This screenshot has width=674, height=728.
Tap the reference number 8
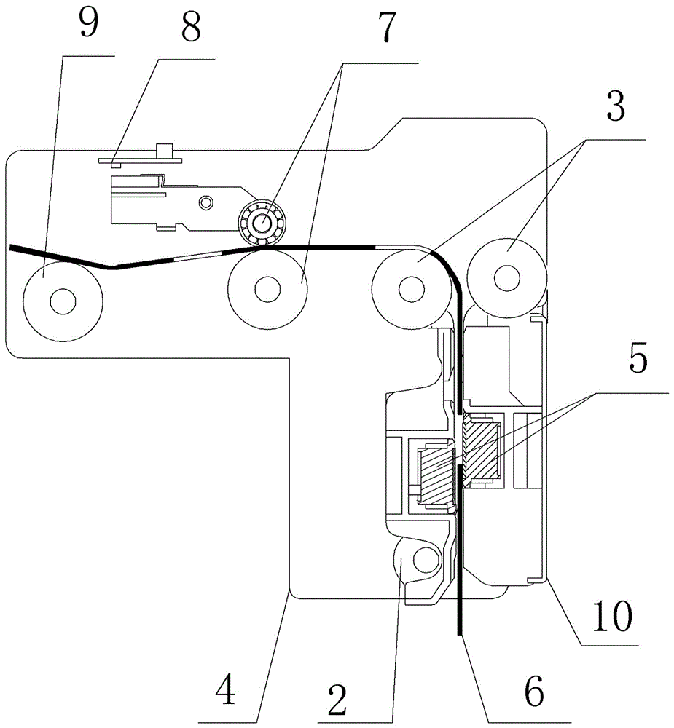[x=191, y=27]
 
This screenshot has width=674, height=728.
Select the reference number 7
[x=387, y=27]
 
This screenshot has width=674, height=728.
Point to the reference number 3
[x=616, y=106]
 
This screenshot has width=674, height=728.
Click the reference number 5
[x=638, y=358]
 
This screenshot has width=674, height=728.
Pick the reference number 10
[x=612, y=616]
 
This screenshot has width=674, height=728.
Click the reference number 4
[x=225, y=689]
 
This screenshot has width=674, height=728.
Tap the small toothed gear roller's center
[x=263, y=222]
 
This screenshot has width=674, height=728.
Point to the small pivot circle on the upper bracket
[x=205, y=202]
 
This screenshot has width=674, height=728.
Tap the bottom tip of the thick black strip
[x=459, y=635]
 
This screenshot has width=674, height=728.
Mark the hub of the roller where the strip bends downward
[x=412, y=288]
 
